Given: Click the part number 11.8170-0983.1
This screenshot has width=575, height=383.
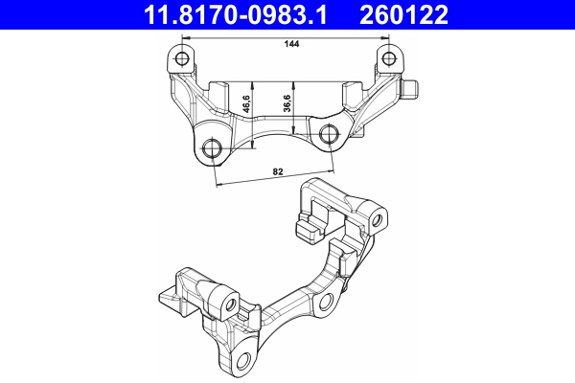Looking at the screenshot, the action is pos(235,14).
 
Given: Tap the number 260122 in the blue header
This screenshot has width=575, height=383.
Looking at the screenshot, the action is pos(403,14).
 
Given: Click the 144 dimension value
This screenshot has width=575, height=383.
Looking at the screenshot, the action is pos(291,44).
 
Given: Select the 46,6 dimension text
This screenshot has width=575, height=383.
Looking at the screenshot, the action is pos(246,103).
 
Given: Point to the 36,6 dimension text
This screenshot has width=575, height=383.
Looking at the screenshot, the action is pos(287,103).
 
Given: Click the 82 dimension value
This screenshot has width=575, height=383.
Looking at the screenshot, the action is pos(278,171).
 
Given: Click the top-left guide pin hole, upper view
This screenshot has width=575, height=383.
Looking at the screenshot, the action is pos(181,57).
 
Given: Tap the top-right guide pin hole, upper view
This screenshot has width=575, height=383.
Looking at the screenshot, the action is pos(389,57).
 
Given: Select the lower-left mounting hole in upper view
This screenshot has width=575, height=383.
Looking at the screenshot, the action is pos(212,148).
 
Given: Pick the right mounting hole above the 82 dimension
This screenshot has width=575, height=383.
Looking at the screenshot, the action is pos(329,133).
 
